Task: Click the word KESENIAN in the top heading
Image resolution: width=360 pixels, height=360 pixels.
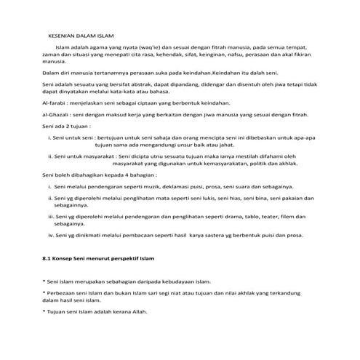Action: (x=62, y=34)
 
